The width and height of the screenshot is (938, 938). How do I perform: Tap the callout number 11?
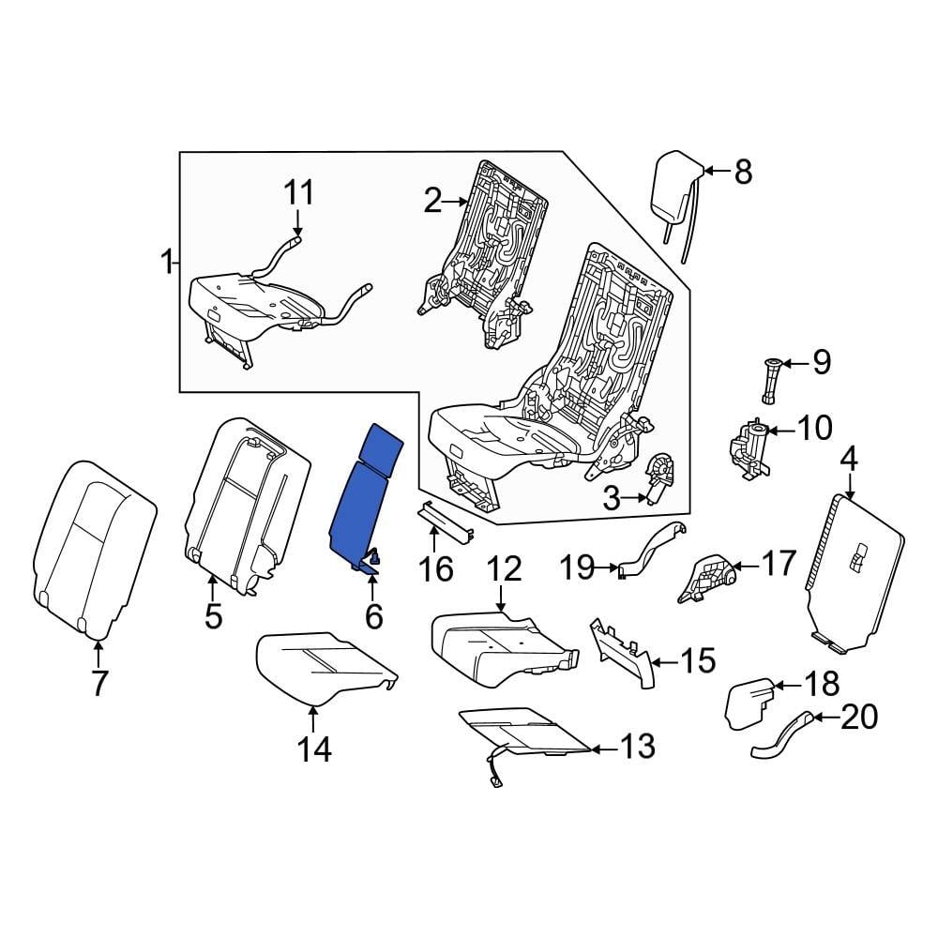click(x=298, y=193)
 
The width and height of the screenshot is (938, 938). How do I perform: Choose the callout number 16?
click(x=436, y=568)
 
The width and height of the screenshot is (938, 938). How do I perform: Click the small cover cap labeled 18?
click(x=749, y=703)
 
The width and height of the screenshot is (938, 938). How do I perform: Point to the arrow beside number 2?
click(x=459, y=201)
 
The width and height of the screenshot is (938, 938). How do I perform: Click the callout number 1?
click(x=166, y=263)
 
